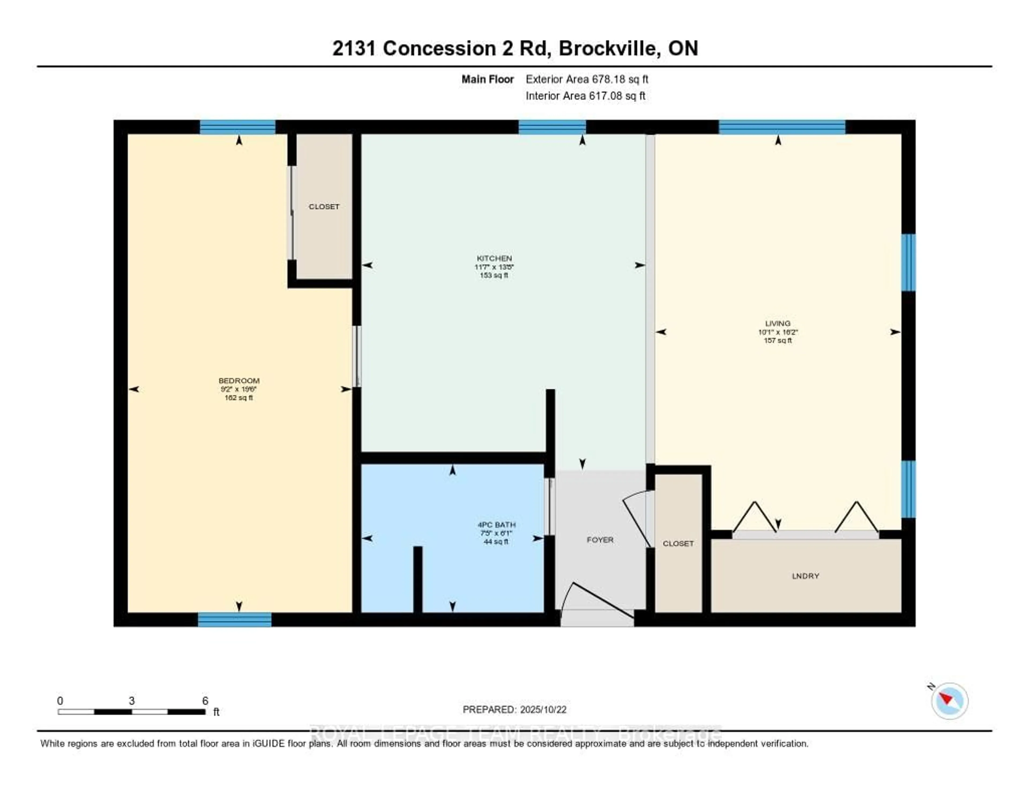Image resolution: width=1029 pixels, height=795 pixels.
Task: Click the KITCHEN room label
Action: click(x=494, y=258)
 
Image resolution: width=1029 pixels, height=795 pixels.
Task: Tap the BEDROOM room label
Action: click(x=239, y=380)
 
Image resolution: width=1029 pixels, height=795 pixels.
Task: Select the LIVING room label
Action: click(x=777, y=323)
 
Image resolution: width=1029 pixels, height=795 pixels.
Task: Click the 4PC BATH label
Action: click(x=497, y=525)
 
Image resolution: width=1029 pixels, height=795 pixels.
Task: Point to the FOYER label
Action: click(x=600, y=540)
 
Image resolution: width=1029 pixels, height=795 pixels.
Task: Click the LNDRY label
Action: click(x=805, y=576)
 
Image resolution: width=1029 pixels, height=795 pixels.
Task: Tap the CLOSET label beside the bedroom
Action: click(x=324, y=206)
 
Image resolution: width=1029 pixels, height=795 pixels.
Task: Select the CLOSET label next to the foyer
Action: click(x=678, y=543)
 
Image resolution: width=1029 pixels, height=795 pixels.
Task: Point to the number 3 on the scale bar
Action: click(x=132, y=701)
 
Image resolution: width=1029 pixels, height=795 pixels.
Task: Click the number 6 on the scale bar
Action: click(x=205, y=701)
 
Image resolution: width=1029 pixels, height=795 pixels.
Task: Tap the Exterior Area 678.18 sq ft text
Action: click(x=587, y=79)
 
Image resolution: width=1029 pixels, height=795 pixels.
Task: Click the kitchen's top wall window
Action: click(x=552, y=127)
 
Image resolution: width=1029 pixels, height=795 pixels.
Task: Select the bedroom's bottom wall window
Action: click(x=235, y=620)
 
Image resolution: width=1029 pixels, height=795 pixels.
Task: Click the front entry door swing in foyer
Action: click(x=598, y=601)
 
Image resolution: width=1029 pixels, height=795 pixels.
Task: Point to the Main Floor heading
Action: click(x=487, y=79)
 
